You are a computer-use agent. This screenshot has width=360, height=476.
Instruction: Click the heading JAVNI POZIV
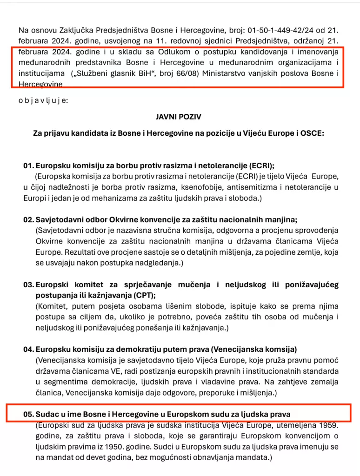tap(179, 117)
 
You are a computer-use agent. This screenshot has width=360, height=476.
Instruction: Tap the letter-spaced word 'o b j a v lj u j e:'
tap(43, 100)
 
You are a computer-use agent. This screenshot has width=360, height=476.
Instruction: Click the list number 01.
tap(28, 165)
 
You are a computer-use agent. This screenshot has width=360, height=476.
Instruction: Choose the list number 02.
tap(28, 219)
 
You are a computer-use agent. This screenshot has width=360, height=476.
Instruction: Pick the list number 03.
tap(28, 284)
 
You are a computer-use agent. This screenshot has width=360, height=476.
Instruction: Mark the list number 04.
tap(28, 349)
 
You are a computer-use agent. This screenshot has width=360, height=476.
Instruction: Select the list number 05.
tap(28, 413)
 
